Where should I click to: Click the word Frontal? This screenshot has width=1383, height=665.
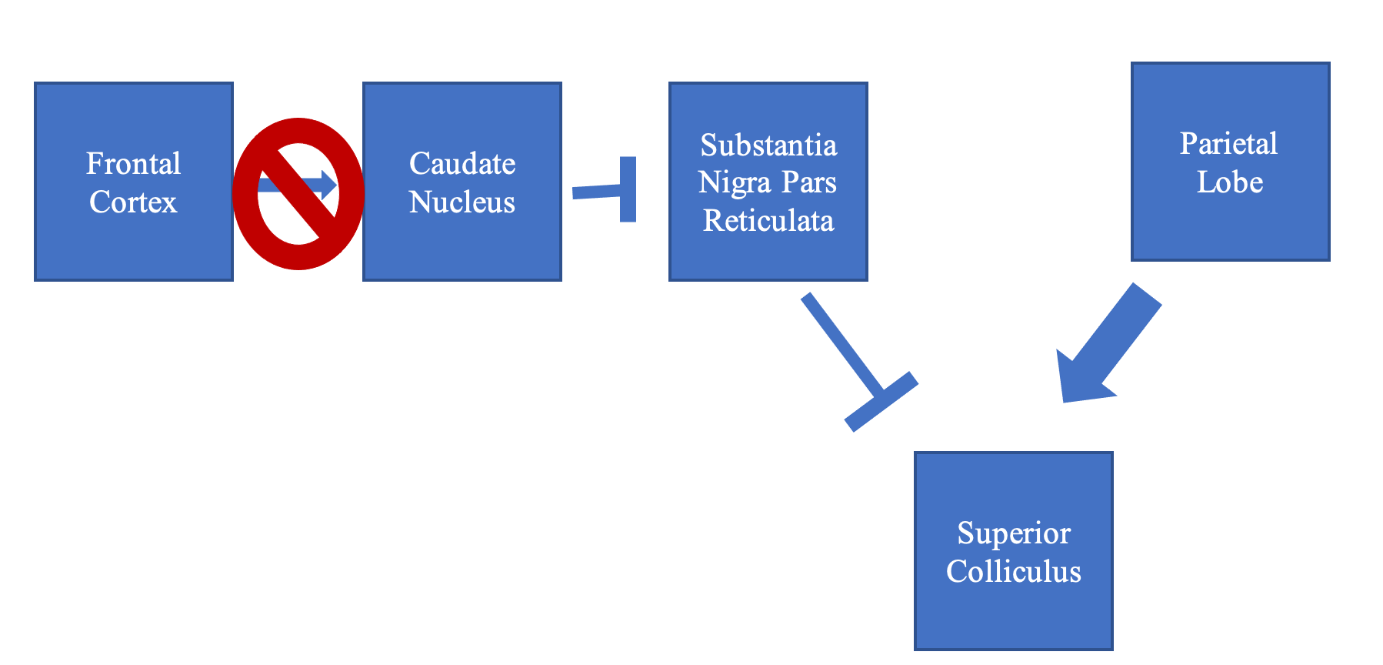pyautogui.click(x=133, y=164)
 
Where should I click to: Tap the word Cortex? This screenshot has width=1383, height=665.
pyautogui.click(x=133, y=202)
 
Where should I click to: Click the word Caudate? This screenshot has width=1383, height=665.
pyautogui.click(x=462, y=164)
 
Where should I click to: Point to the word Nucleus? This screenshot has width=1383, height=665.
pyautogui.click(x=462, y=202)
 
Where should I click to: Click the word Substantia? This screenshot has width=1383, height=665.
pyautogui.click(x=768, y=145)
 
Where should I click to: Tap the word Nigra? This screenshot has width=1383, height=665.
pyautogui.click(x=735, y=183)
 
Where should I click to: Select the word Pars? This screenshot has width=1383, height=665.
pyautogui.click(x=808, y=183)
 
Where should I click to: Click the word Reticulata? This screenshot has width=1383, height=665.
pyautogui.click(x=768, y=221)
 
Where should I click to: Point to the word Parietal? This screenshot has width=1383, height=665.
pyautogui.click(x=1228, y=144)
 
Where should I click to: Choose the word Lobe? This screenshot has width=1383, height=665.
pyautogui.click(x=1230, y=182)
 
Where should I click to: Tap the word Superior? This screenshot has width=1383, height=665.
pyautogui.click(x=1014, y=533)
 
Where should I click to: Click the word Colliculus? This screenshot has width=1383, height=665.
pyautogui.click(x=1014, y=572)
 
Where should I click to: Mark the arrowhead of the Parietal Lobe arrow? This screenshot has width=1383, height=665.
pyautogui.click(x=1081, y=377)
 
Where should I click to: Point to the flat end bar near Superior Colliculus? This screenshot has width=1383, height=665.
pyautogui.click(x=881, y=401)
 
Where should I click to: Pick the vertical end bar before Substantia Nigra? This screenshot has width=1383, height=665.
pyautogui.click(x=628, y=189)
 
